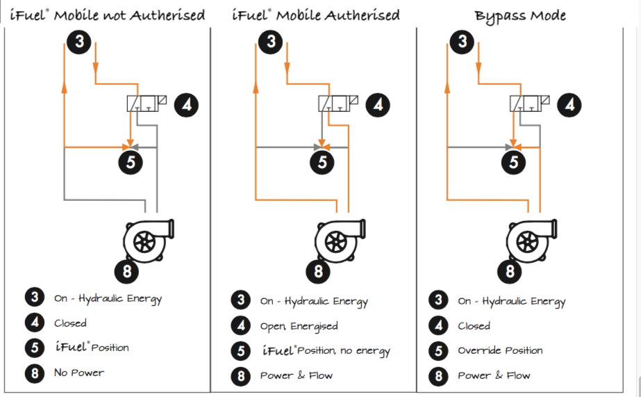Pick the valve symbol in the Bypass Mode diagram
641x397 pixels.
(x=530, y=104)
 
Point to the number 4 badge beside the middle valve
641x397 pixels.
(x=378, y=105)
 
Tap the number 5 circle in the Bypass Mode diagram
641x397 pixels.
(x=514, y=162)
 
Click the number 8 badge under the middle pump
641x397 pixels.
(x=318, y=270)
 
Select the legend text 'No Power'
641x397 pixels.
(x=79, y=373)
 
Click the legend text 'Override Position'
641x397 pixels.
(x=500, y=350)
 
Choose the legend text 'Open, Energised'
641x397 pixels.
(x=299, y=326)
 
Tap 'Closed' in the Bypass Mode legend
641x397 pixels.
(x=474, y=325)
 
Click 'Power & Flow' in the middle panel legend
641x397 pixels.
(x=297, y=375)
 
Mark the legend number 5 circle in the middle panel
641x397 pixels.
(x=240, y=351)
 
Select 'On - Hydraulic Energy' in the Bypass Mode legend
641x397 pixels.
(x=511, y=301)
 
